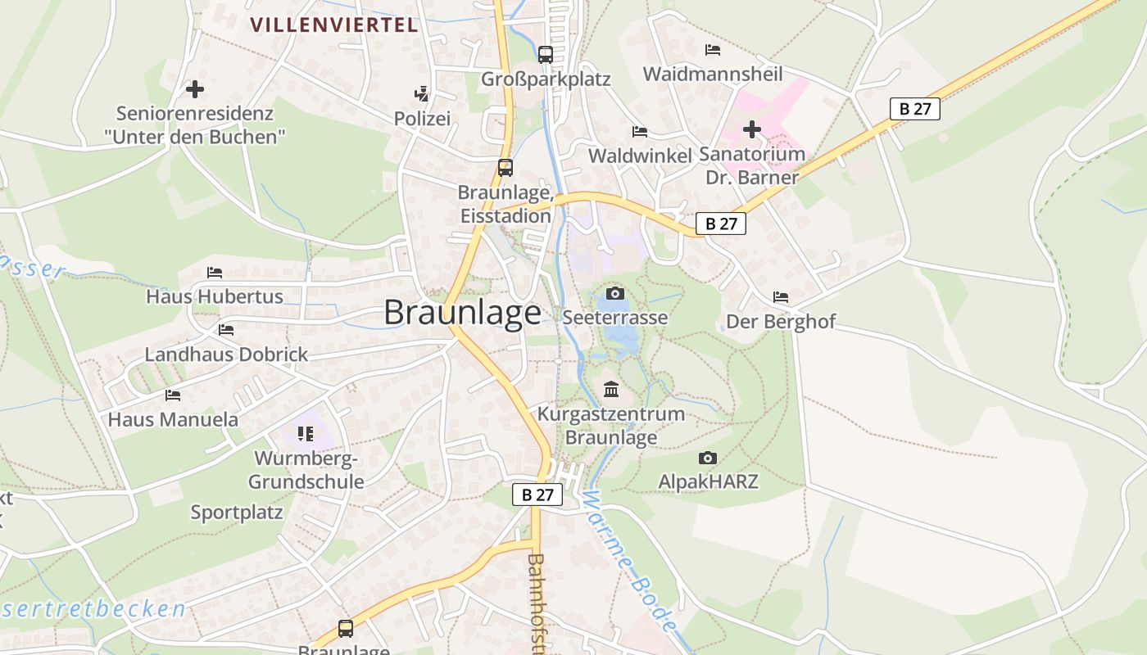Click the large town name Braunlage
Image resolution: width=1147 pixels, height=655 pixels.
(462, 313)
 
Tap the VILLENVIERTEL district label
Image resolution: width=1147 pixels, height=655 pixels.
(334, 25)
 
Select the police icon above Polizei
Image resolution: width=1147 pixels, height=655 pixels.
(422, 94)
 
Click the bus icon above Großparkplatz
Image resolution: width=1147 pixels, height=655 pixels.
(546, 55)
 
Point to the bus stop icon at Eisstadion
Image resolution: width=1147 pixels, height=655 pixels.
(505, 168)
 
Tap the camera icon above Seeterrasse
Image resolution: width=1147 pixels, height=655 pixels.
(615, 293)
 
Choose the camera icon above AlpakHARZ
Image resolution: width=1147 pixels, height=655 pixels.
(708, 458)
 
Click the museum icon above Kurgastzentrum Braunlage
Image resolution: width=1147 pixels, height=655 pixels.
(611, 389)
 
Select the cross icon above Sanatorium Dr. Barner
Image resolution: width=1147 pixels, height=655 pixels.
(752, 129)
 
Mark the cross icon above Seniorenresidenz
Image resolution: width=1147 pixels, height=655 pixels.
(195, 88)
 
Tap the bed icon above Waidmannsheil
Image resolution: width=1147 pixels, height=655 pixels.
(713, 50)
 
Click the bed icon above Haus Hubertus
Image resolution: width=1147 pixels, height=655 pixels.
(215, 272)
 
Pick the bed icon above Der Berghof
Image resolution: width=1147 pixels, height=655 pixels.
(781, 297)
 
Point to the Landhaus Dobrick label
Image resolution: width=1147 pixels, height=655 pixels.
(226, 355)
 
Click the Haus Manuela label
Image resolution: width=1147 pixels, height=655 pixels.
(173, 420)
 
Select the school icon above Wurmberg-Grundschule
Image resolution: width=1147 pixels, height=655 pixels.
(306, 433)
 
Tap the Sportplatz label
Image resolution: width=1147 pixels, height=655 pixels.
(237, 513)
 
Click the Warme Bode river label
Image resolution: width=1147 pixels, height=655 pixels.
(632, 561)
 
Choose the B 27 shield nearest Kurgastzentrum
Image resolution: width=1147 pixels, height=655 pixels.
(537, 494)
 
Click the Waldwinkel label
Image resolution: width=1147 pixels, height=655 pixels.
(640, 156)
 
